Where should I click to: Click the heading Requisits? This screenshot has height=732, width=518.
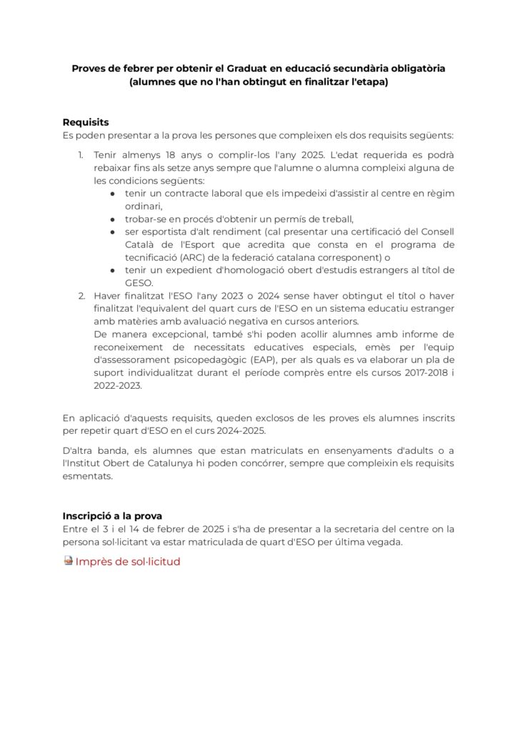86,122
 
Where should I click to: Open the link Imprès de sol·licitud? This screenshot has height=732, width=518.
128,561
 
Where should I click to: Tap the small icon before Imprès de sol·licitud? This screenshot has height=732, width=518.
68,561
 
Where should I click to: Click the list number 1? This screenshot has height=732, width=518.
81,155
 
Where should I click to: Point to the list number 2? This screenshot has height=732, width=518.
81,295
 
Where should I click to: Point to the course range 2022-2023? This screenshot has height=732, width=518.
118,385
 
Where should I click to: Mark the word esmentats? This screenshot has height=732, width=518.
88,478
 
